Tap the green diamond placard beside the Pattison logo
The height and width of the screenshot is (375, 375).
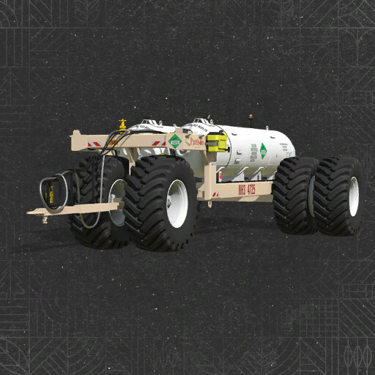174,141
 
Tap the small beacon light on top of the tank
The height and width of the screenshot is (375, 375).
251,116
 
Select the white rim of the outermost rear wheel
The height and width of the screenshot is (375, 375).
354,196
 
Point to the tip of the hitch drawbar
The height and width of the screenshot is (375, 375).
31,213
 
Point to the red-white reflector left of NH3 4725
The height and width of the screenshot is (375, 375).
215,194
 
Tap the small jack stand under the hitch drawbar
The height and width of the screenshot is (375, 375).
45,218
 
